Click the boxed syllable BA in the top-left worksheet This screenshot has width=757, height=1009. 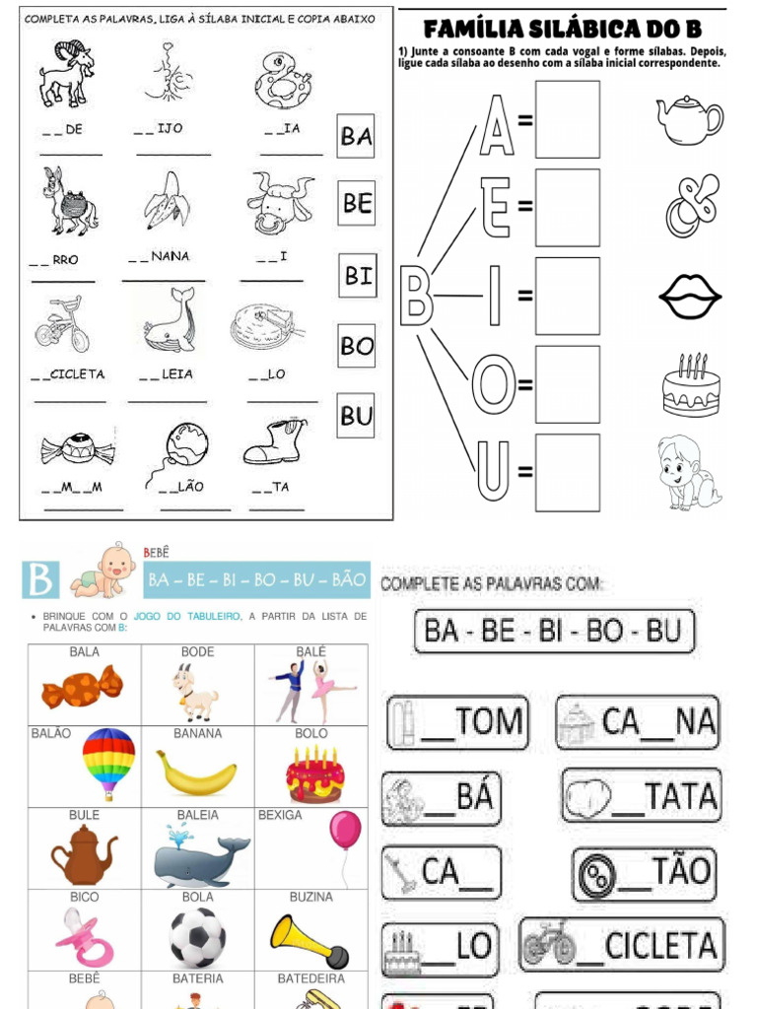[356, 136]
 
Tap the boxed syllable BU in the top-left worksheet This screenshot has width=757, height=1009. [356, 416]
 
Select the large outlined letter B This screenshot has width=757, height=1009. [416, 296]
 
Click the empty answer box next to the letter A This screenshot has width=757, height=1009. [567, 119]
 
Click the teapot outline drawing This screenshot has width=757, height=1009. [689, 119]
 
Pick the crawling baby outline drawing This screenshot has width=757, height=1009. [687, 472]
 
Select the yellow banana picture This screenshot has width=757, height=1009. [196, 775]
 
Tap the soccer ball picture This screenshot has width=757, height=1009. [197, 937]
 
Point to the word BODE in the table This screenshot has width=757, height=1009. [197, 652]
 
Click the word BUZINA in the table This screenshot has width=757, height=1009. [310, 898]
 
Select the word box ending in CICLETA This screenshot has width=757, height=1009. [622, 945]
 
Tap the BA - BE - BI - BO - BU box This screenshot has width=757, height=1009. [553, 631]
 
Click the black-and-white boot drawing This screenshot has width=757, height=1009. [275, 442]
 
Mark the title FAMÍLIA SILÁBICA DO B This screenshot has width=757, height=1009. [563, 30]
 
